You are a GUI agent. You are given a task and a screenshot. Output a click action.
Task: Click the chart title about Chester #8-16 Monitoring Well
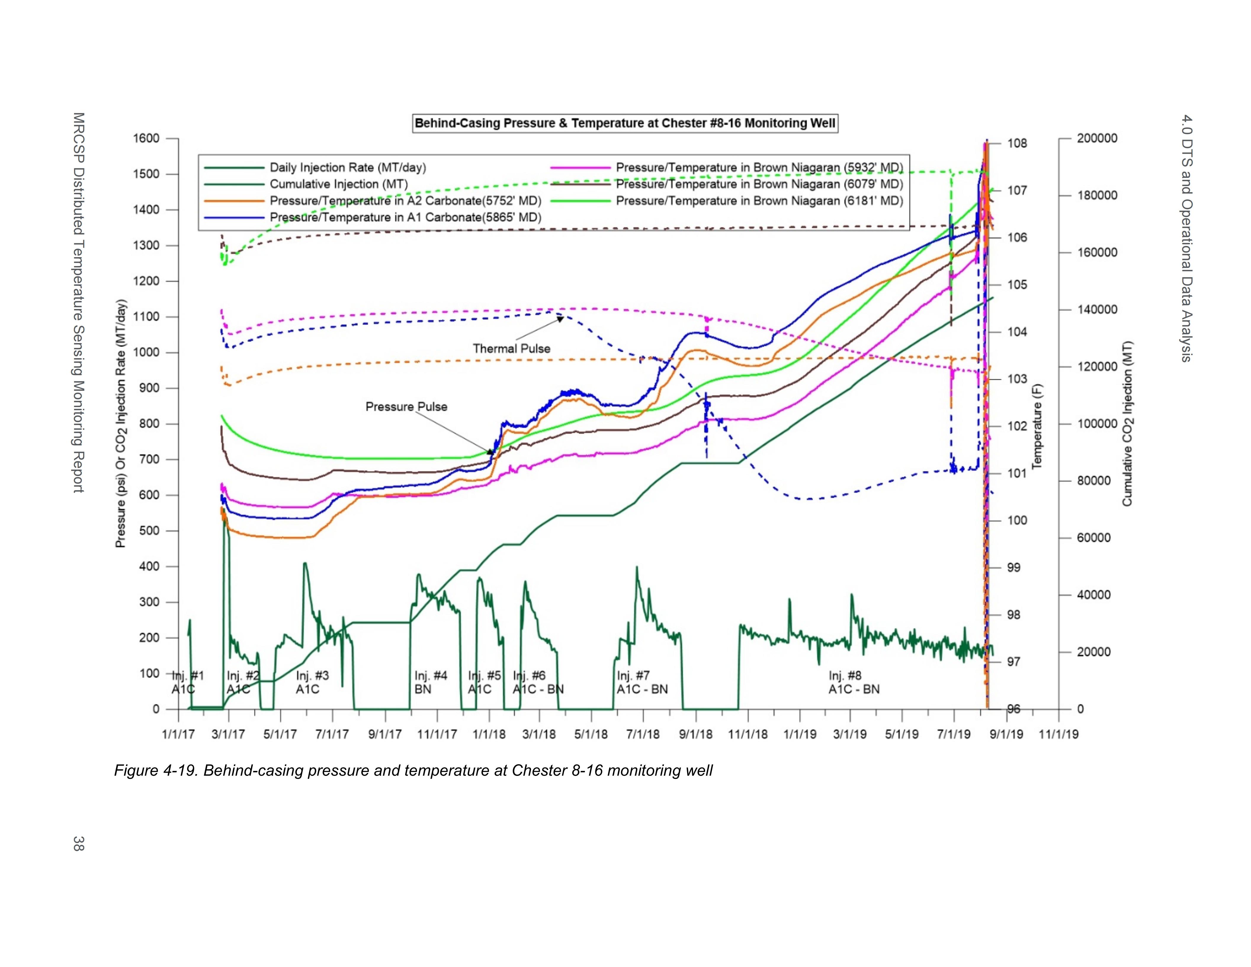625,123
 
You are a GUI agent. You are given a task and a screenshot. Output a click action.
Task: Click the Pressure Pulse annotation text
406,407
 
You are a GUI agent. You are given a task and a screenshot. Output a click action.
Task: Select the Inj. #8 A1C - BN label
854,682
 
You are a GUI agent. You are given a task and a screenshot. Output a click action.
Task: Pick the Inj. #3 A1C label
312,682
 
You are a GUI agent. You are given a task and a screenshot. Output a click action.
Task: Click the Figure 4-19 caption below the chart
413,771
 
